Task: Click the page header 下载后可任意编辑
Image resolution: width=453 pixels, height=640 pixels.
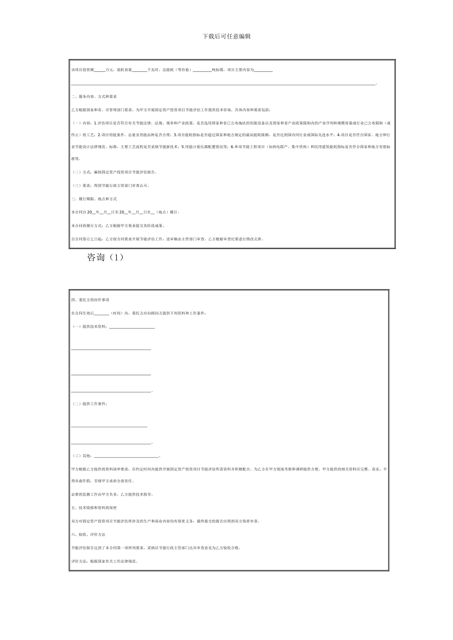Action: pyautogui.click(x=226, y=36)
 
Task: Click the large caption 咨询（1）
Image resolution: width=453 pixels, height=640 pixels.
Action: pyautogui.click(x=105, y=258)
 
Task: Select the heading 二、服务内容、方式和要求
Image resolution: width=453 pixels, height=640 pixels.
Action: pyautogui.click(x=94, y=96)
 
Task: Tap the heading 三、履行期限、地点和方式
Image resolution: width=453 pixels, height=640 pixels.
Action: pyautogui.click(x=94, y=199)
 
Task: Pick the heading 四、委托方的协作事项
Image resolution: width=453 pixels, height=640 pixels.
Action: pyautogui.click(x=90, y=300)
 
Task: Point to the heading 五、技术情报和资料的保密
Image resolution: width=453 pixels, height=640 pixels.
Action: pyautogui.click(x=93, y=508)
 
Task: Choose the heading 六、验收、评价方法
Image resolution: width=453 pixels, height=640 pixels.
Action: pyautogui.click(x=88, y=534)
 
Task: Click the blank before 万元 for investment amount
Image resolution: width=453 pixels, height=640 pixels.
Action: pyautogui.click(x=100, y=70)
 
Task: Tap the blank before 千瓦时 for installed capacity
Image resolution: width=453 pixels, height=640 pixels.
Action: pyautogui.click(x=139, y=70)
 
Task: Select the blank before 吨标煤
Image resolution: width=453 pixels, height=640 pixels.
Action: pyautogui.click(x=202, y=70)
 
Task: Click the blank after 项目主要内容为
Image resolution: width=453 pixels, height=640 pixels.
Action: pyautogui.click(x=264, y=70)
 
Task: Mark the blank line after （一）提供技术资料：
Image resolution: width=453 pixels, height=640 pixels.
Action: pyautogui.click(x=132, y=327)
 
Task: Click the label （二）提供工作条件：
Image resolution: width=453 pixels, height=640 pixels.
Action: pyautogui.click(x=90, y=404)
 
